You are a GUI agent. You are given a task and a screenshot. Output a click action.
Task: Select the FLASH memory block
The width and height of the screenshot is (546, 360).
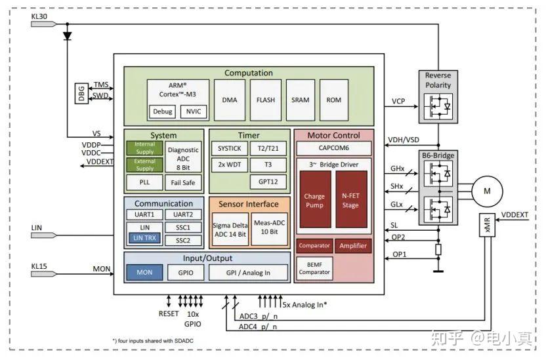(x=266, y=100)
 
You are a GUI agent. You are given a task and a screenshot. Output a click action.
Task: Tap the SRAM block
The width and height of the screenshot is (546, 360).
(x=300, y=100)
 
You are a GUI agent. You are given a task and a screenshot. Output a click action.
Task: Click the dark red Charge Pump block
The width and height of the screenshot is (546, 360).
(x=314, y=201)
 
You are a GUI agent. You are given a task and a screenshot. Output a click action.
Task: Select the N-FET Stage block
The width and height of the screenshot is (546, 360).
(x=351, y=201)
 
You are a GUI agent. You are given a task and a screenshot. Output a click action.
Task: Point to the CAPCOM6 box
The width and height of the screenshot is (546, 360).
(x=333, y=148)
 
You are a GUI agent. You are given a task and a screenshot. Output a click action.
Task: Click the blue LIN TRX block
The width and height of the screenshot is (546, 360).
(x=145, y=238)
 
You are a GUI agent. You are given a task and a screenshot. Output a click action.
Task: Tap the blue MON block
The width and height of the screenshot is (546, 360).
(x=144, y=271)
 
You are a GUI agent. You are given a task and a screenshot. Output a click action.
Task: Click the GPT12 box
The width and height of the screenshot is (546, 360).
(x=268, y=181)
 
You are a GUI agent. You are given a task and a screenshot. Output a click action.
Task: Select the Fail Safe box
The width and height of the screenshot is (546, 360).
(x=182, y=182)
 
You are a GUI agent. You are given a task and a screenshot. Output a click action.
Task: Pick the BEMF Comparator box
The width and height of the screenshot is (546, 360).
(x=314, y=268)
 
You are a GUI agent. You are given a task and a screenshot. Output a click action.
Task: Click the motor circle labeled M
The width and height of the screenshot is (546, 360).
(x=487, y=190)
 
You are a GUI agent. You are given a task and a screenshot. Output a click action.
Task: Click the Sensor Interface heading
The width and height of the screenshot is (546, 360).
(x=248, y=204)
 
